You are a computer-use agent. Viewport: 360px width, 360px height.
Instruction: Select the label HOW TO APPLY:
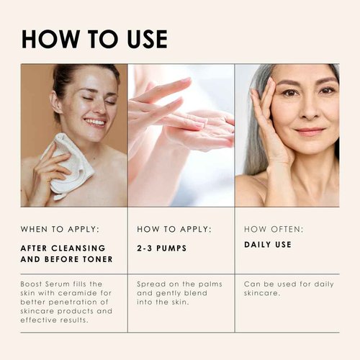[174, 229]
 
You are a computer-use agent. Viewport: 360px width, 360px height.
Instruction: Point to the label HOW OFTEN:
[274, 229]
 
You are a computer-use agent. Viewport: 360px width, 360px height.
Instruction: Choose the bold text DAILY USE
[268, 245]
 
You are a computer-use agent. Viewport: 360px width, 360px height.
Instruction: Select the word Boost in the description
[33, 284]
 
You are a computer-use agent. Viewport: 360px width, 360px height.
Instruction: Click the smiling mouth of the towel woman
[94, 122]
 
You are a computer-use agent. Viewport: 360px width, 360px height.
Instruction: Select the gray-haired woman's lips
[310, 132]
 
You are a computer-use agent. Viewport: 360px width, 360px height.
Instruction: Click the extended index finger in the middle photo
[162, 90]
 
